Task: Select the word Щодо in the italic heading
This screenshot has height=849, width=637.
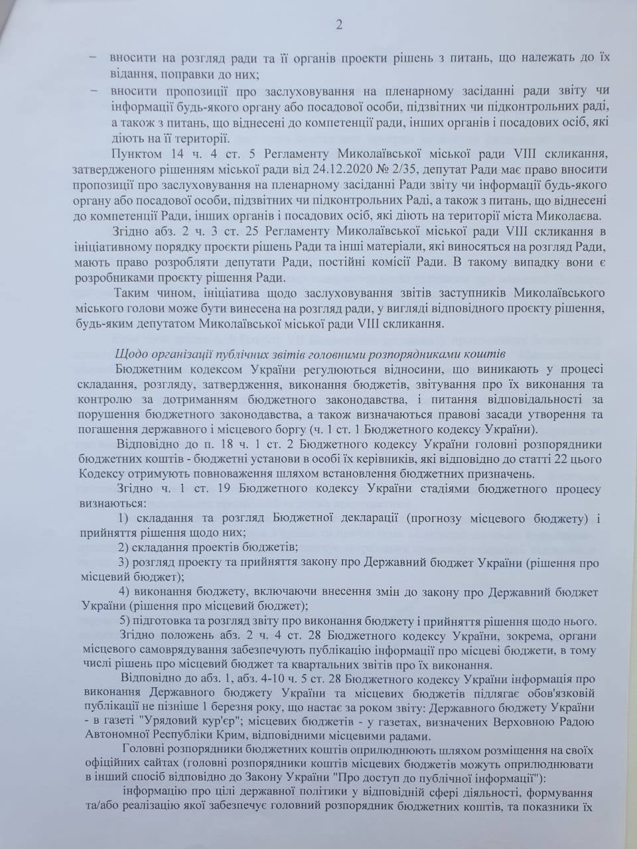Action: [129, 354]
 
